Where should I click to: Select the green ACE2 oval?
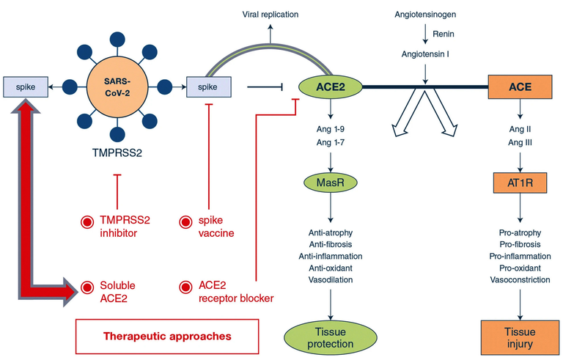coord(328,87)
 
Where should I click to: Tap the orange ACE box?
coord(520,87)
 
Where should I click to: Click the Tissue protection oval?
coord(329,337)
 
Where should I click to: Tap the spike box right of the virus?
coord(209,87)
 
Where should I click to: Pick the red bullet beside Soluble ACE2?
coord(89,287)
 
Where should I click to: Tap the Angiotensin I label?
coord(425,54)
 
